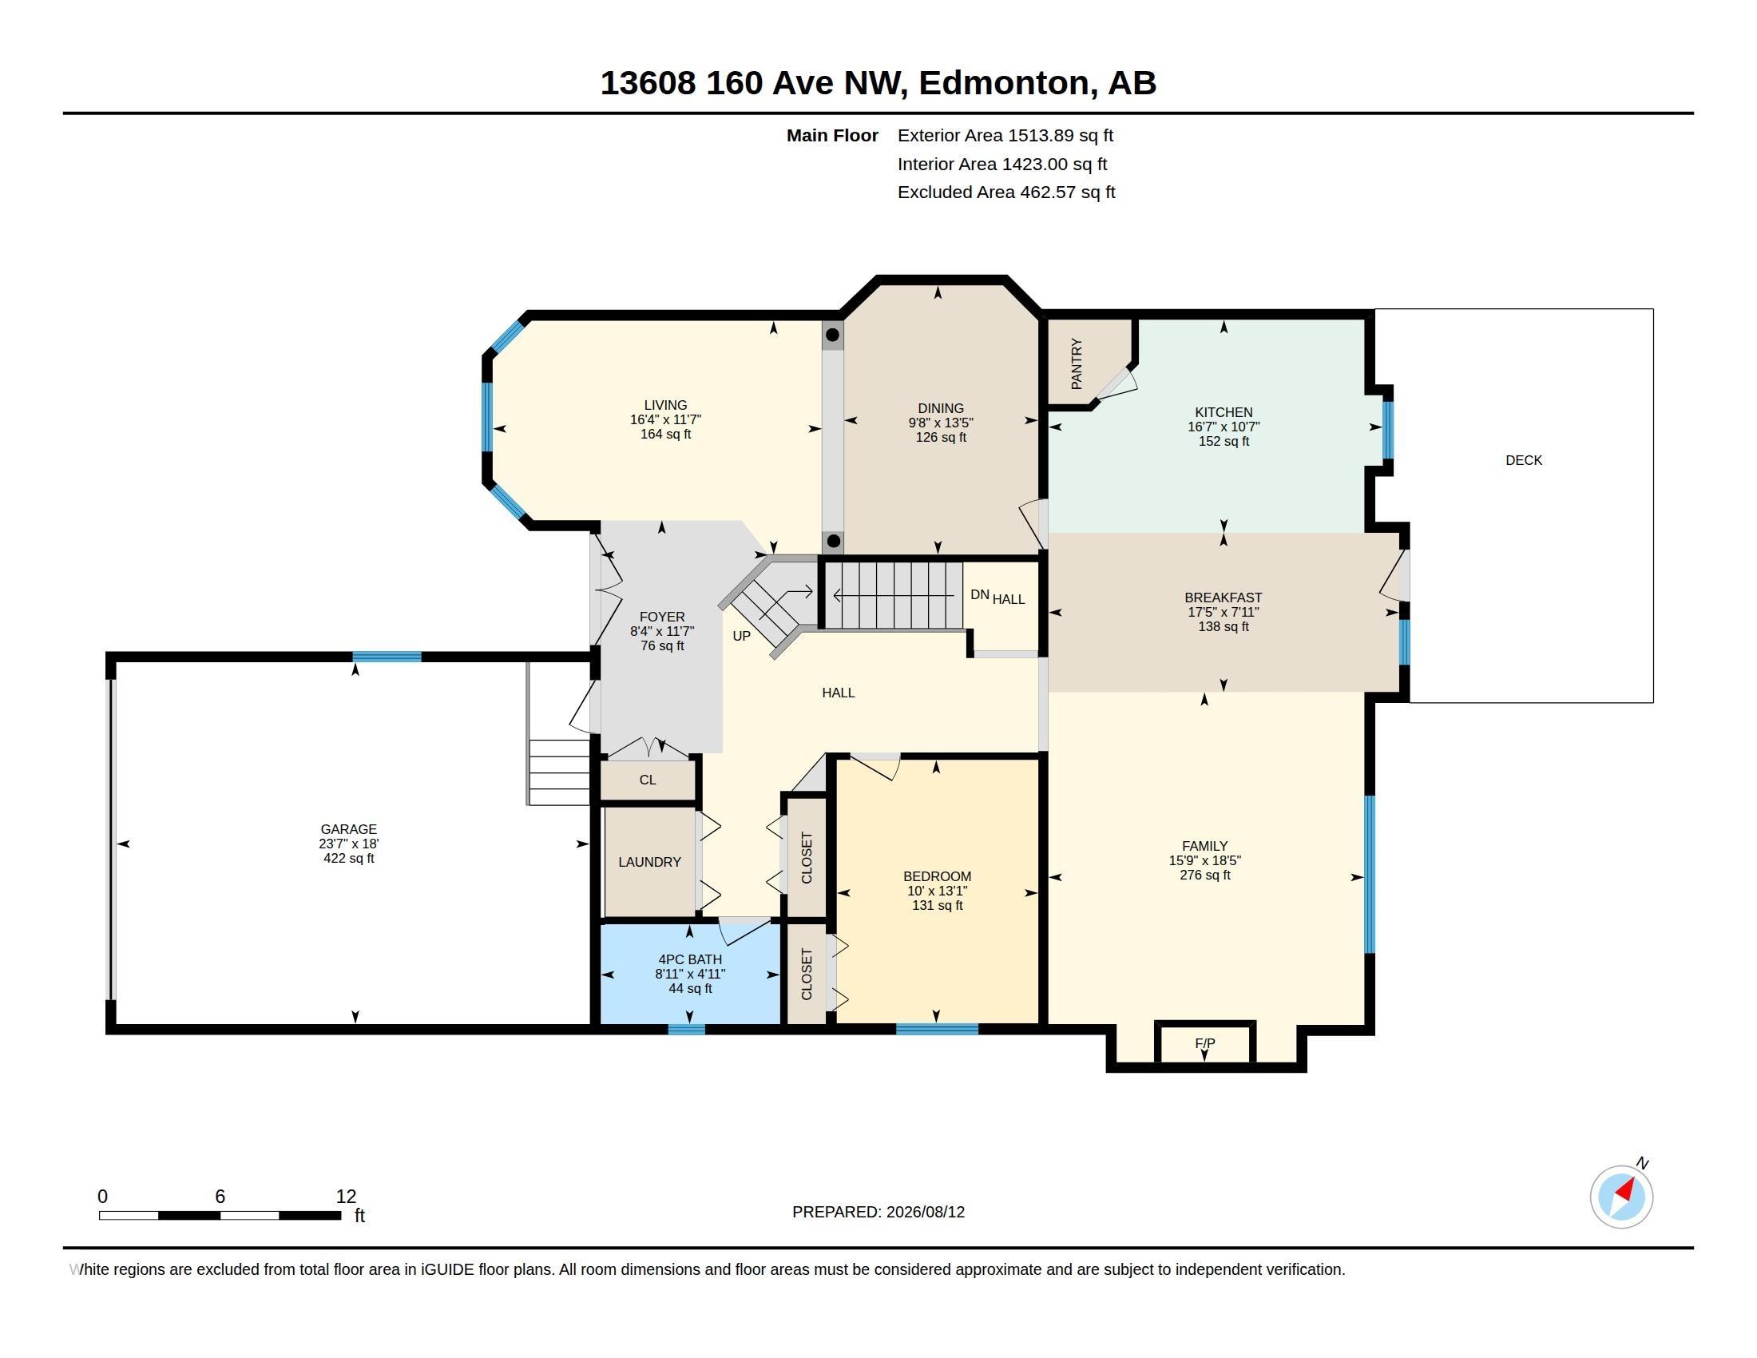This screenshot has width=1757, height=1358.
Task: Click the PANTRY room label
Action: [x=1077, y=363]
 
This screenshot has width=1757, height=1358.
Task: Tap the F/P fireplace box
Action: [x=1204, y=1043]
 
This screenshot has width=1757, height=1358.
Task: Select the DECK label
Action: [x=1524, y=460]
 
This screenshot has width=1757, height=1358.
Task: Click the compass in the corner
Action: [x=1621, y=1197]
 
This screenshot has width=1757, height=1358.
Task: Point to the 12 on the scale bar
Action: [x=346, y=1197]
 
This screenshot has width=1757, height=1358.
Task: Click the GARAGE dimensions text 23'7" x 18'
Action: [x=348, y=844]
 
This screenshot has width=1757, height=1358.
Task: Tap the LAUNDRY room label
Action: [x=649, y=862]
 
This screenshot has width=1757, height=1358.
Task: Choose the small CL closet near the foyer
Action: [x=648, y=780]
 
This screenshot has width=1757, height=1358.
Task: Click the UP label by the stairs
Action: [x=742, y=637]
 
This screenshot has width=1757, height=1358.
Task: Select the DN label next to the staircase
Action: [x=979, y=594]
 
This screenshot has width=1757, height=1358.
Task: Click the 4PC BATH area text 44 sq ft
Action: [x=690, y=989]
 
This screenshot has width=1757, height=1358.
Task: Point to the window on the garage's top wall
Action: [x=387, y=657]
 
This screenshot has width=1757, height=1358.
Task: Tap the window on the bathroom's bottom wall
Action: [x=686, y=1029]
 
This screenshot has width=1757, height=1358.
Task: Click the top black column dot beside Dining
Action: [x=833, y=335]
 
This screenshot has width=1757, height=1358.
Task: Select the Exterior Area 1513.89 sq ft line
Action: [x=1005, y=135]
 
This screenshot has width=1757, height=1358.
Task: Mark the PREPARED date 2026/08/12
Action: [x=925, y=1212]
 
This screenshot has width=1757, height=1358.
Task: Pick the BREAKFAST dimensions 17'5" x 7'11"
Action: [x=1224, y=612]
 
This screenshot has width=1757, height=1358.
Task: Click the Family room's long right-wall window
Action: [x=1369, y=875]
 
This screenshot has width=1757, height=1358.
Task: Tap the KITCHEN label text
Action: [x=1224, y=412]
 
